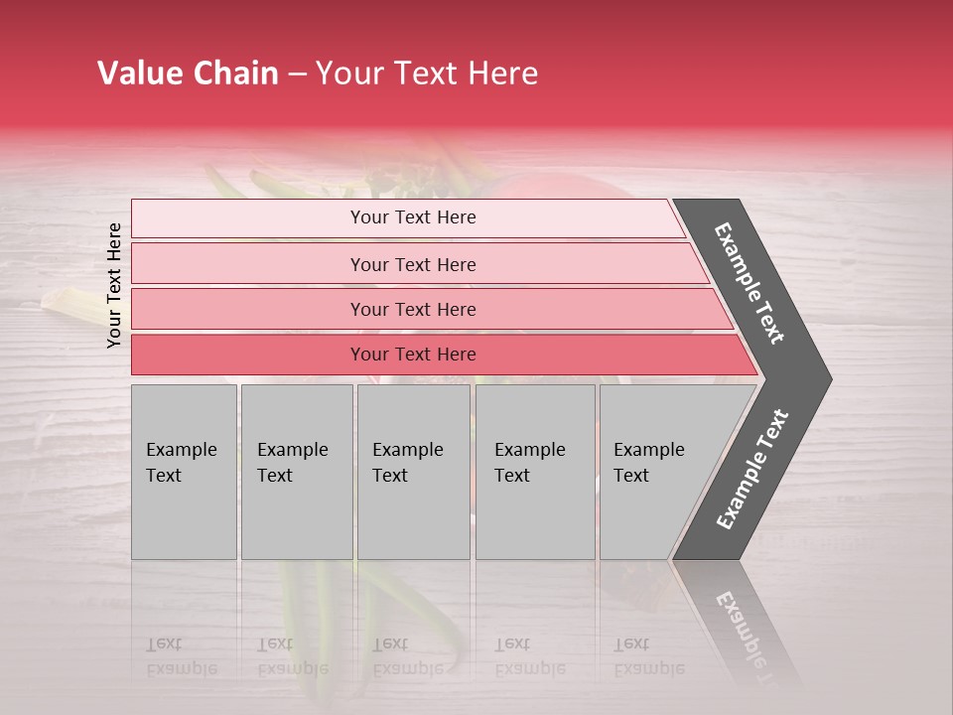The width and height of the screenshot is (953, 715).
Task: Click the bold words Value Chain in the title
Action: (188, 73)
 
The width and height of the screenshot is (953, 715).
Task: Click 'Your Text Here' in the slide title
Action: (427, 73)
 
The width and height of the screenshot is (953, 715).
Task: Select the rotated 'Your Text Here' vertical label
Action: (114, 285)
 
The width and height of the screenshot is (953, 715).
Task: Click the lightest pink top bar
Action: (412, 217)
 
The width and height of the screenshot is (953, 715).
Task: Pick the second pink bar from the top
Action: (412, 264)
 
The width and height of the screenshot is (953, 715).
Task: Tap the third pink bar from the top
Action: (412, 309)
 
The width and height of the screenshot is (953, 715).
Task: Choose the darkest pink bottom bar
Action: (412, 355)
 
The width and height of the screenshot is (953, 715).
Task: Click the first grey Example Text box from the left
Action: (184, 472)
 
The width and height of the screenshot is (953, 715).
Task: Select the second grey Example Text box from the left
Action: (296, 472)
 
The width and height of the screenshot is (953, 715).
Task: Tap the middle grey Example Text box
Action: (413, 472)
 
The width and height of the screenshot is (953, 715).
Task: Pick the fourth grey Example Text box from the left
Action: (534, 472)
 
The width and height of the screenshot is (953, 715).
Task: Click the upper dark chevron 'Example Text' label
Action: (750, 283)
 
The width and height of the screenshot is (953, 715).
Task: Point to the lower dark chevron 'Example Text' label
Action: (752, 469)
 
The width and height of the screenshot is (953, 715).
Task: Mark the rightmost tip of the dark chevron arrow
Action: (830, 379)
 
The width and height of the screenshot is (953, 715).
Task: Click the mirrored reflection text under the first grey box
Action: (181, 656)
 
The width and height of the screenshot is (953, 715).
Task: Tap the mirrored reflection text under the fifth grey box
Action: (648, 656)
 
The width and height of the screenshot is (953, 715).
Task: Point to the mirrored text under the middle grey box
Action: (407, 656)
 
